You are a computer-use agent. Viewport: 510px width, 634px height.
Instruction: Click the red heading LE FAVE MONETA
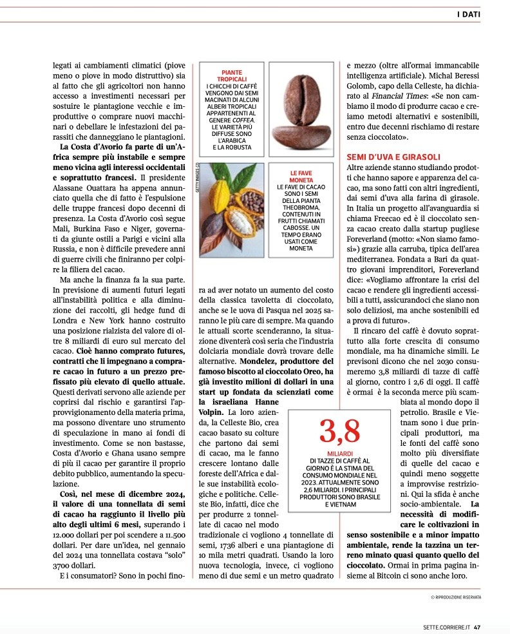point(301,177)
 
